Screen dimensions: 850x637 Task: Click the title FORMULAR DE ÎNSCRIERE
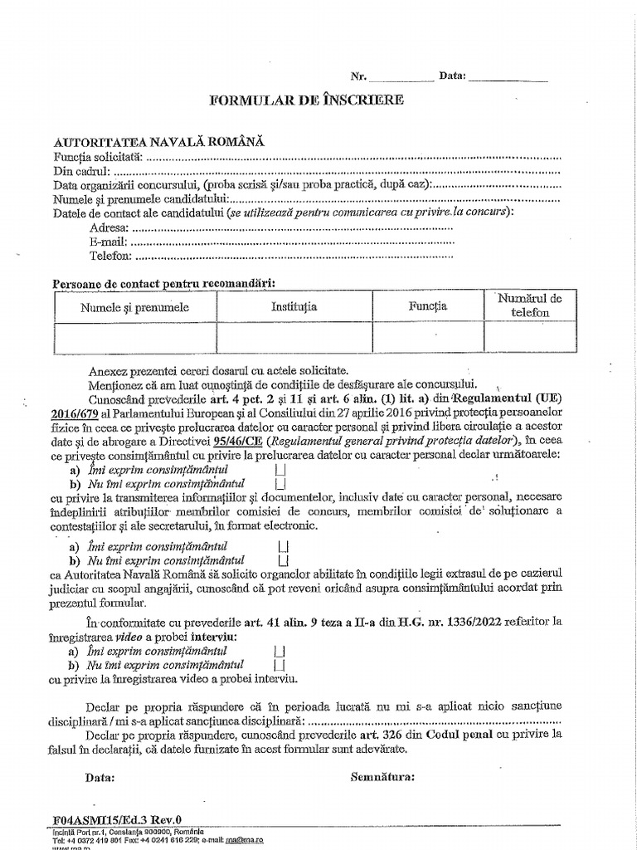[x=307, y=100]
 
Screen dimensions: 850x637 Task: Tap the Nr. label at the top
[x=358, y=76]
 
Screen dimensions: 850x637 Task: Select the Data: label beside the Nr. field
[x=453, y=76]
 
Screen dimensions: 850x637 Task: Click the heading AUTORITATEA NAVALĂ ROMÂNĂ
[x=159, y=142]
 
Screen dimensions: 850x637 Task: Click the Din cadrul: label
[x=81, y=171]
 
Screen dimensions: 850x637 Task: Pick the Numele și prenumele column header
[x=134, y=307]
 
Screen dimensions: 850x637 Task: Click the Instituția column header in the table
[x=294, y=307]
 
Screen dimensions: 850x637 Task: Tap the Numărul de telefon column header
[x=530, y=305]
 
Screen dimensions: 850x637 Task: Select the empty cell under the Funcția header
[x=427, y=338]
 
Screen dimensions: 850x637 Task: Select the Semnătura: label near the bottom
[x=382, y=778]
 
